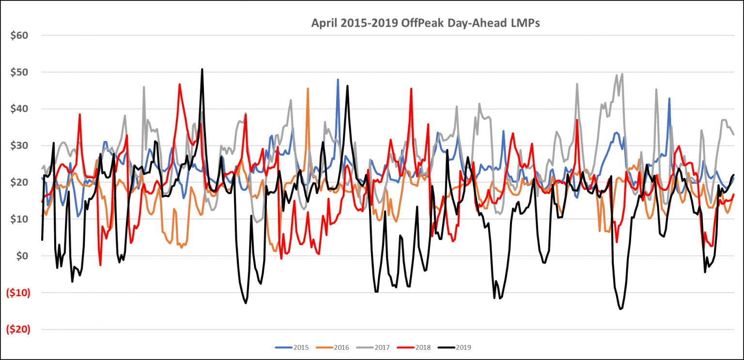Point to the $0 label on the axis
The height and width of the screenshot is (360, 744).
tap(21, 256)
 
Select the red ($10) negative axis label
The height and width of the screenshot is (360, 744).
tap(17, 293)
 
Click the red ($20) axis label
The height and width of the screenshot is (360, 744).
tap(17, 329)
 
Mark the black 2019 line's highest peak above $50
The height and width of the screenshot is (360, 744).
tap(202, 69)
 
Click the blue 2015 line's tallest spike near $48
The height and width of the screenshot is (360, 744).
tap(338, 79)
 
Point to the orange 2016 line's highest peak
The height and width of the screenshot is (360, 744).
tap(308, 89)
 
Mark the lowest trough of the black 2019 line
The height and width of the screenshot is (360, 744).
tap(620, 309)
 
